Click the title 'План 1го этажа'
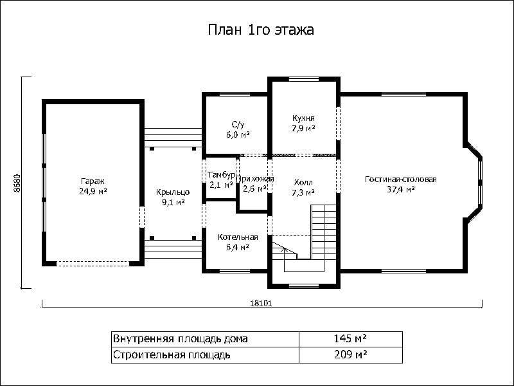click(x=261, y=30)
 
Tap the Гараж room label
click(x=93, y=181)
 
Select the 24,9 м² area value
click(x=93, y=191)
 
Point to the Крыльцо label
click(x=173, y=192)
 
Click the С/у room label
click(x=238, y=124)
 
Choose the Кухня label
click(x=303, y=118)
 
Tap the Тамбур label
click(x=221, y=175)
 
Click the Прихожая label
click(x=254, y=179)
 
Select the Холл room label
click(x=303, y=183)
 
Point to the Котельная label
click(x=238, y=237)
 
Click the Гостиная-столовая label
click(x=400, y=179)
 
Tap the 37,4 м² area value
click(x=401, y=189)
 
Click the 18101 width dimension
click(x=261, y=303)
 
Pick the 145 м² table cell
click(x=350, y=339)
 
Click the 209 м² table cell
click(x=350, y=355)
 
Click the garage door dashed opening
click(x=93, y=263)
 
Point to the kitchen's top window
click(x=303, y=79)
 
